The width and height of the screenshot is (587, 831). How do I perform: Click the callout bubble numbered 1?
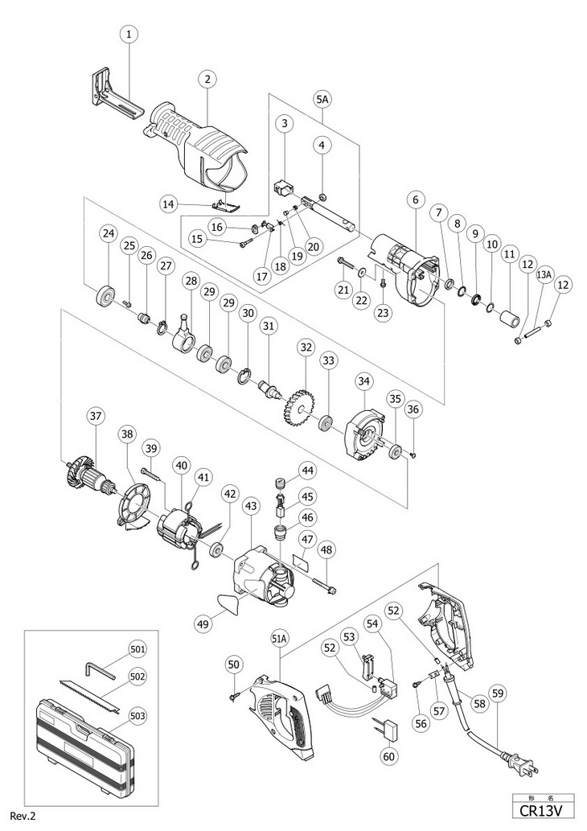129,35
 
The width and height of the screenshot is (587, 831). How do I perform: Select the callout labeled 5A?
322,99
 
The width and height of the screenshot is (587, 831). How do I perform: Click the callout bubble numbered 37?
96,416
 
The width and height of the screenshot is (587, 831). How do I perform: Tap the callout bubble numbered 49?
203,623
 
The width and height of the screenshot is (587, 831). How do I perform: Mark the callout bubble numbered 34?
364,381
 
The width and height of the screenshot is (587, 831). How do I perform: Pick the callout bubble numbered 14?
169,204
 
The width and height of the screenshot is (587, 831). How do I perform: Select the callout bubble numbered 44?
322,469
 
